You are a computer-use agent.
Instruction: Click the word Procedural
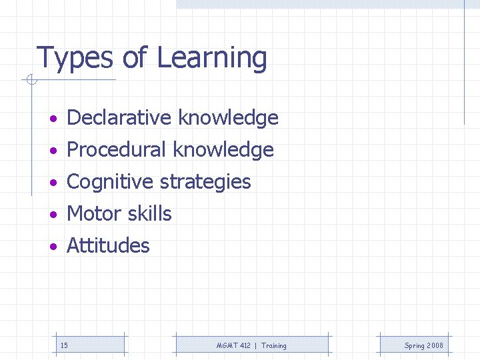tap(117, 150)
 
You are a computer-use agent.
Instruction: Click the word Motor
tap(91, 214)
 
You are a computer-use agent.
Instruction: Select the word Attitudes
tap(108, 246)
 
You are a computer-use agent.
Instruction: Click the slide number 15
tap(64, 345)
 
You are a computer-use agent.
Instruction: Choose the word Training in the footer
tap(274, 345)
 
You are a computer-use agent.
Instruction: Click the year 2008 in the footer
tap(435, 345)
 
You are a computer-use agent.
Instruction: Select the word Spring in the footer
tap(415, 346)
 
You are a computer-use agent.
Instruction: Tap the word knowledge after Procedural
tap(223, 150)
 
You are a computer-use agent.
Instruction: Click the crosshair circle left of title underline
tap(31, 81)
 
